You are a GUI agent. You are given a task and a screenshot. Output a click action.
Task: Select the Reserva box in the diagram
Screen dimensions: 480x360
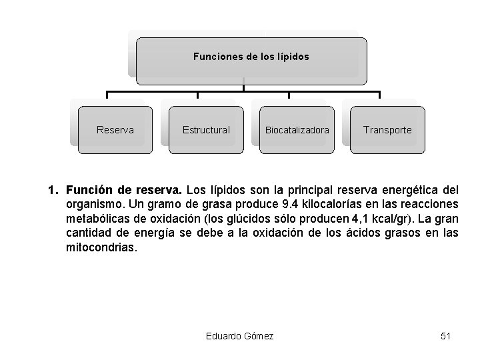point(115,130)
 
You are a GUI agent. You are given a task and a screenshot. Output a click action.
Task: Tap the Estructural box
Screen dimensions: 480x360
point(206,130)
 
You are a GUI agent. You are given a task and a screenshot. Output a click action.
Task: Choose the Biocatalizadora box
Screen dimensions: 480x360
point(297,130)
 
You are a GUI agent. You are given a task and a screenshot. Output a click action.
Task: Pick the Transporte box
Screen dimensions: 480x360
point(387,130)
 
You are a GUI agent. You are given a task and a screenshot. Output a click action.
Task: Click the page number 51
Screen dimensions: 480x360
point(446,336)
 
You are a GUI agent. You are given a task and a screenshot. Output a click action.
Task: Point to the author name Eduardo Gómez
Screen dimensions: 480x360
point(240,336)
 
